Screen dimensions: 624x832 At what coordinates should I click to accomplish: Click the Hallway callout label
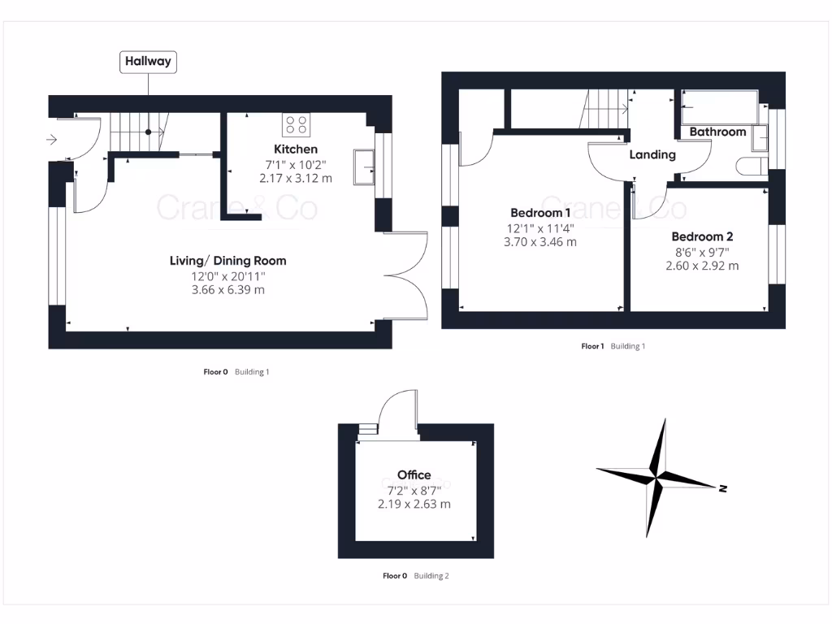[x=149, y=62]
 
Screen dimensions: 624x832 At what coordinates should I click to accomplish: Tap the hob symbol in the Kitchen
[x=296, y=124]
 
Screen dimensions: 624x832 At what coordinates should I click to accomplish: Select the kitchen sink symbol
[x=363, y=167]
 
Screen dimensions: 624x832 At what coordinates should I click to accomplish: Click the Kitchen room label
[x=296, y=149]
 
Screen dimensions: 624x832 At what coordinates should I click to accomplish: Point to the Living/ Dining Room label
[x=227, y=261]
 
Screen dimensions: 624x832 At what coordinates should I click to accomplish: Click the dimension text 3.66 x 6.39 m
[x=227, y=290]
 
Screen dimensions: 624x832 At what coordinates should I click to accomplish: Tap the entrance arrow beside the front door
[x=52, y=140]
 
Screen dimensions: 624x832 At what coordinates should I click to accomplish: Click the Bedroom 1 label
[x=540, y=213]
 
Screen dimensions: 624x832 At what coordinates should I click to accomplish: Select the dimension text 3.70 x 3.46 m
[x=540, y=242]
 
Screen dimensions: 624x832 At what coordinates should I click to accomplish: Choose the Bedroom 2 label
[x=702, y=236]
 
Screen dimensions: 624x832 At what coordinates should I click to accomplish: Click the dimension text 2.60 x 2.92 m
[x=702, y=266]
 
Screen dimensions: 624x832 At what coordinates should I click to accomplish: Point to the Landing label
[x=652, y=154]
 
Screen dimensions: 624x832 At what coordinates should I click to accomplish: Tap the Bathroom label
[x=717, y=132]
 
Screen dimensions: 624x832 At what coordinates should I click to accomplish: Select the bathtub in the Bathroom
[x=720, y=106]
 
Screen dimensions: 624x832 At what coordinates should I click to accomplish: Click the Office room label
[x=414, y=474]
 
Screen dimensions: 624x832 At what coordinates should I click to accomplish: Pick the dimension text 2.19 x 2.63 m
[x=414, y=504]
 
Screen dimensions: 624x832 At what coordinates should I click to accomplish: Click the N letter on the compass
[x=721, y=488]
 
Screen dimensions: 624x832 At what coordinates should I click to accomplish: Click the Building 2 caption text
[x=431, y=576]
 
